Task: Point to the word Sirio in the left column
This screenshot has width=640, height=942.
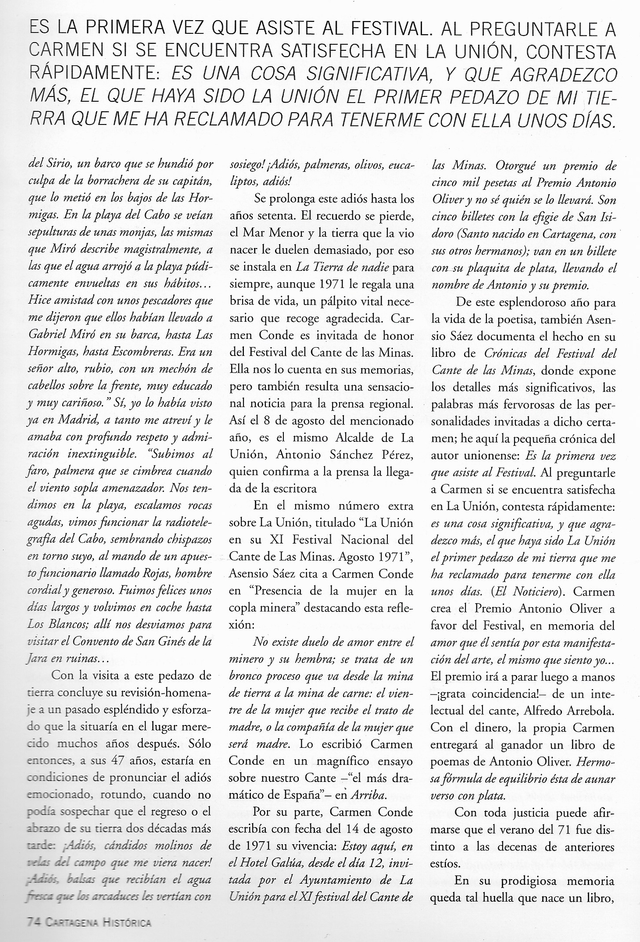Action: [58, 166]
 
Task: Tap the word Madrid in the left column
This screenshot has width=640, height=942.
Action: [66, 420]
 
